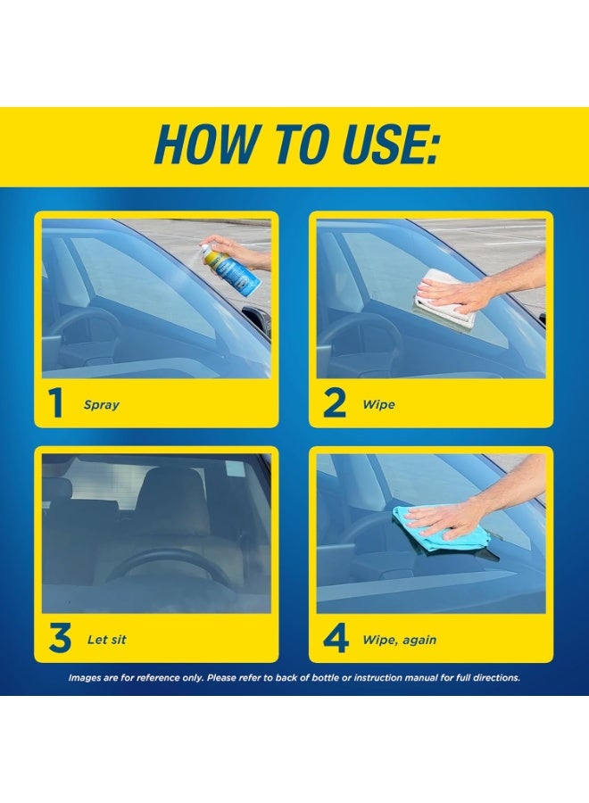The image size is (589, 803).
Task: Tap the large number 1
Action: pos(56,403)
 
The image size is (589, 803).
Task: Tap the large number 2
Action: pos(335,403)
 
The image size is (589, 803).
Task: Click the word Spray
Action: pos(102,405)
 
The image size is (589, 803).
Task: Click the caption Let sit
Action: pos(106,639)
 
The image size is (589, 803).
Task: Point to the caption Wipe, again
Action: pos(400,640)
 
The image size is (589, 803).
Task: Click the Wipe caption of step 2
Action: pos(378,404)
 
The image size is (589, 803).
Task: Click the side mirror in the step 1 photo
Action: pos(255,321)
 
